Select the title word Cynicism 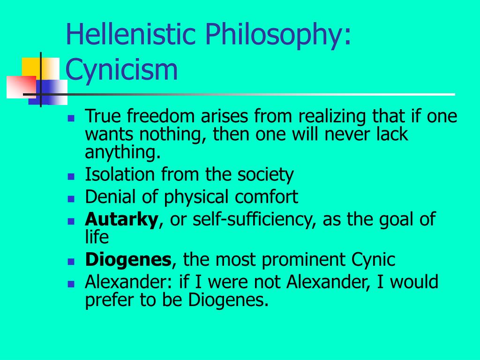click(121, 70)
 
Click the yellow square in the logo click(40, 69)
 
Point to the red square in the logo click(22, 87)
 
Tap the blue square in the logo click(48, 92)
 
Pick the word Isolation click(120, 174)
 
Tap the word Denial click(110, 196)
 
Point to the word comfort click(266, 196)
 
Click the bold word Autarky click(121, 220)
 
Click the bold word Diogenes click(128, 260)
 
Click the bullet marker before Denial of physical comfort click(71, 199)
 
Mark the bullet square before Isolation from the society click(71, 177)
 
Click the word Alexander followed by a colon click(128, 282)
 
